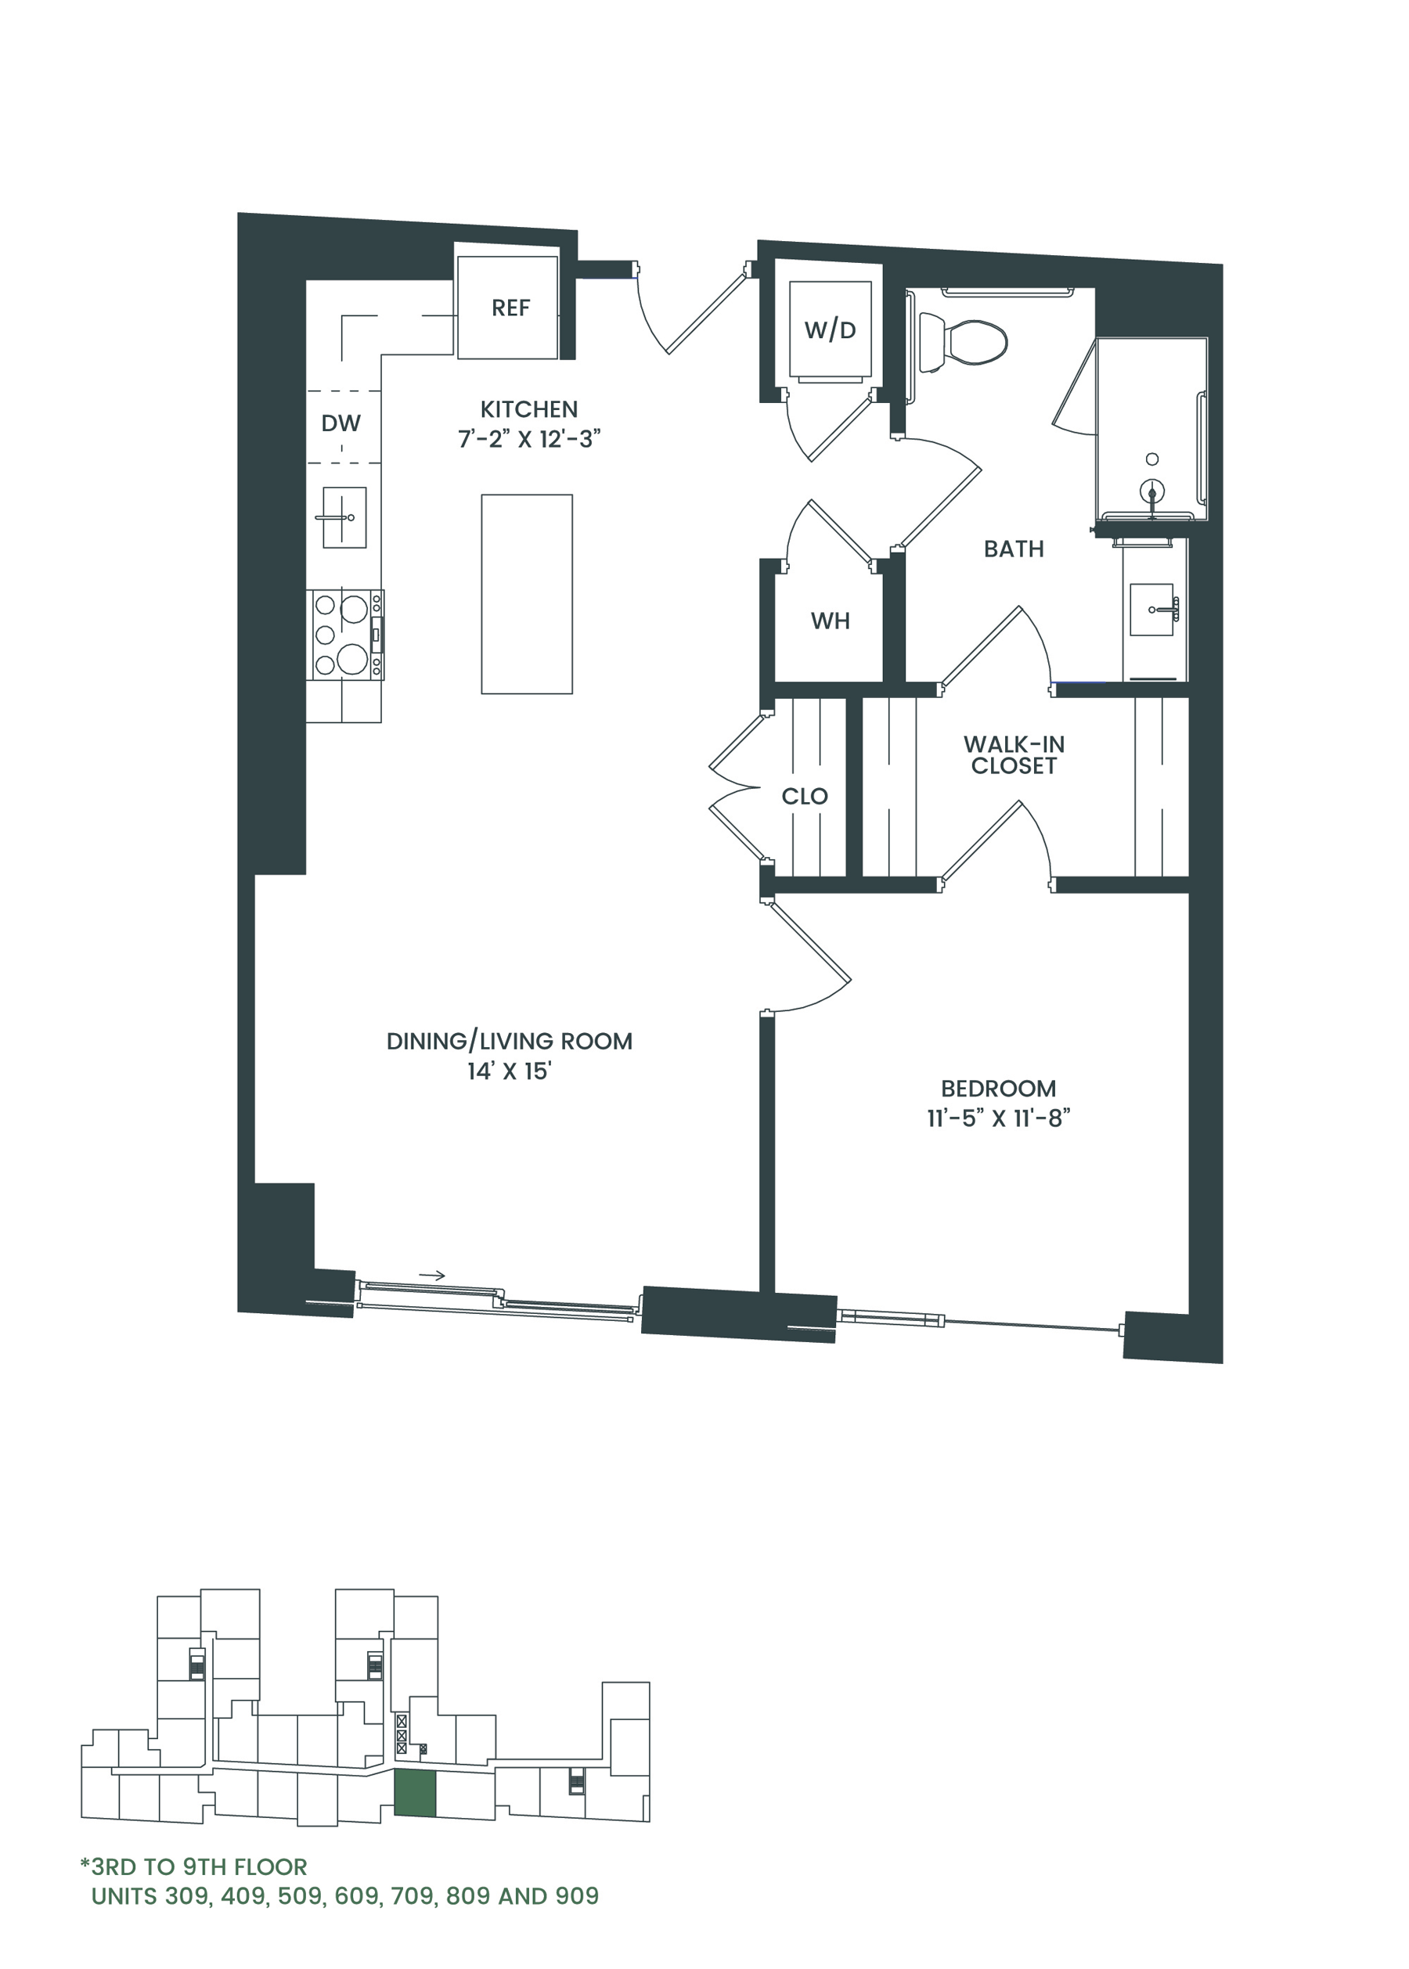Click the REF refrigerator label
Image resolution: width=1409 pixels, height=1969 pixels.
(510, 308)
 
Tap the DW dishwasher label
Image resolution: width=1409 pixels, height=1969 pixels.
(341, 423)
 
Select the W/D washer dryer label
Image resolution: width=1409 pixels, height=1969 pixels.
(831, 329)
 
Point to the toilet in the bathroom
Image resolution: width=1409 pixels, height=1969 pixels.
(962, 342)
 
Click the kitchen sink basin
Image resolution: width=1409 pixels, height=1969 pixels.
(344, 517)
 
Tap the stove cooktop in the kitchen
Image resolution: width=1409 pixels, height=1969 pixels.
(345, 635)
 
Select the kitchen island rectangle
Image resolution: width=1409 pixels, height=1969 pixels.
(527, 594)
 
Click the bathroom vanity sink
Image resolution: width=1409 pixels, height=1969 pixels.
(1152, 610)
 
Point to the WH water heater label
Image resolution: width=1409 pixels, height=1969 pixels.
(831, 621)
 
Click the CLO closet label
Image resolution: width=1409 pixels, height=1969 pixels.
(804, 796)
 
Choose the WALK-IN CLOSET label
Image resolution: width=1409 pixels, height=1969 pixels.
(1014, 754)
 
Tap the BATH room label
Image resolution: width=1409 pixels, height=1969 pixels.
(1014, 549)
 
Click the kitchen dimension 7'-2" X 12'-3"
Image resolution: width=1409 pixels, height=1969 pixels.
(529, 439)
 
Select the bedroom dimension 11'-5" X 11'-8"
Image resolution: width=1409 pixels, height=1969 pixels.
(999, 1118)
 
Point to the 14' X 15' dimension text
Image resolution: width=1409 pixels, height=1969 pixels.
(510, 1071)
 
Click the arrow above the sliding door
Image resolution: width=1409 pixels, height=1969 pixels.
(432, 1275)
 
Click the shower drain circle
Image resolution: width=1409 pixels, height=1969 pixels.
(1152, 459)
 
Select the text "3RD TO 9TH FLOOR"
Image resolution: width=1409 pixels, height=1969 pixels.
(199, 1866)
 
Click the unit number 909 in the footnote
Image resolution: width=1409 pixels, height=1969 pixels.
(577, 1896)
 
